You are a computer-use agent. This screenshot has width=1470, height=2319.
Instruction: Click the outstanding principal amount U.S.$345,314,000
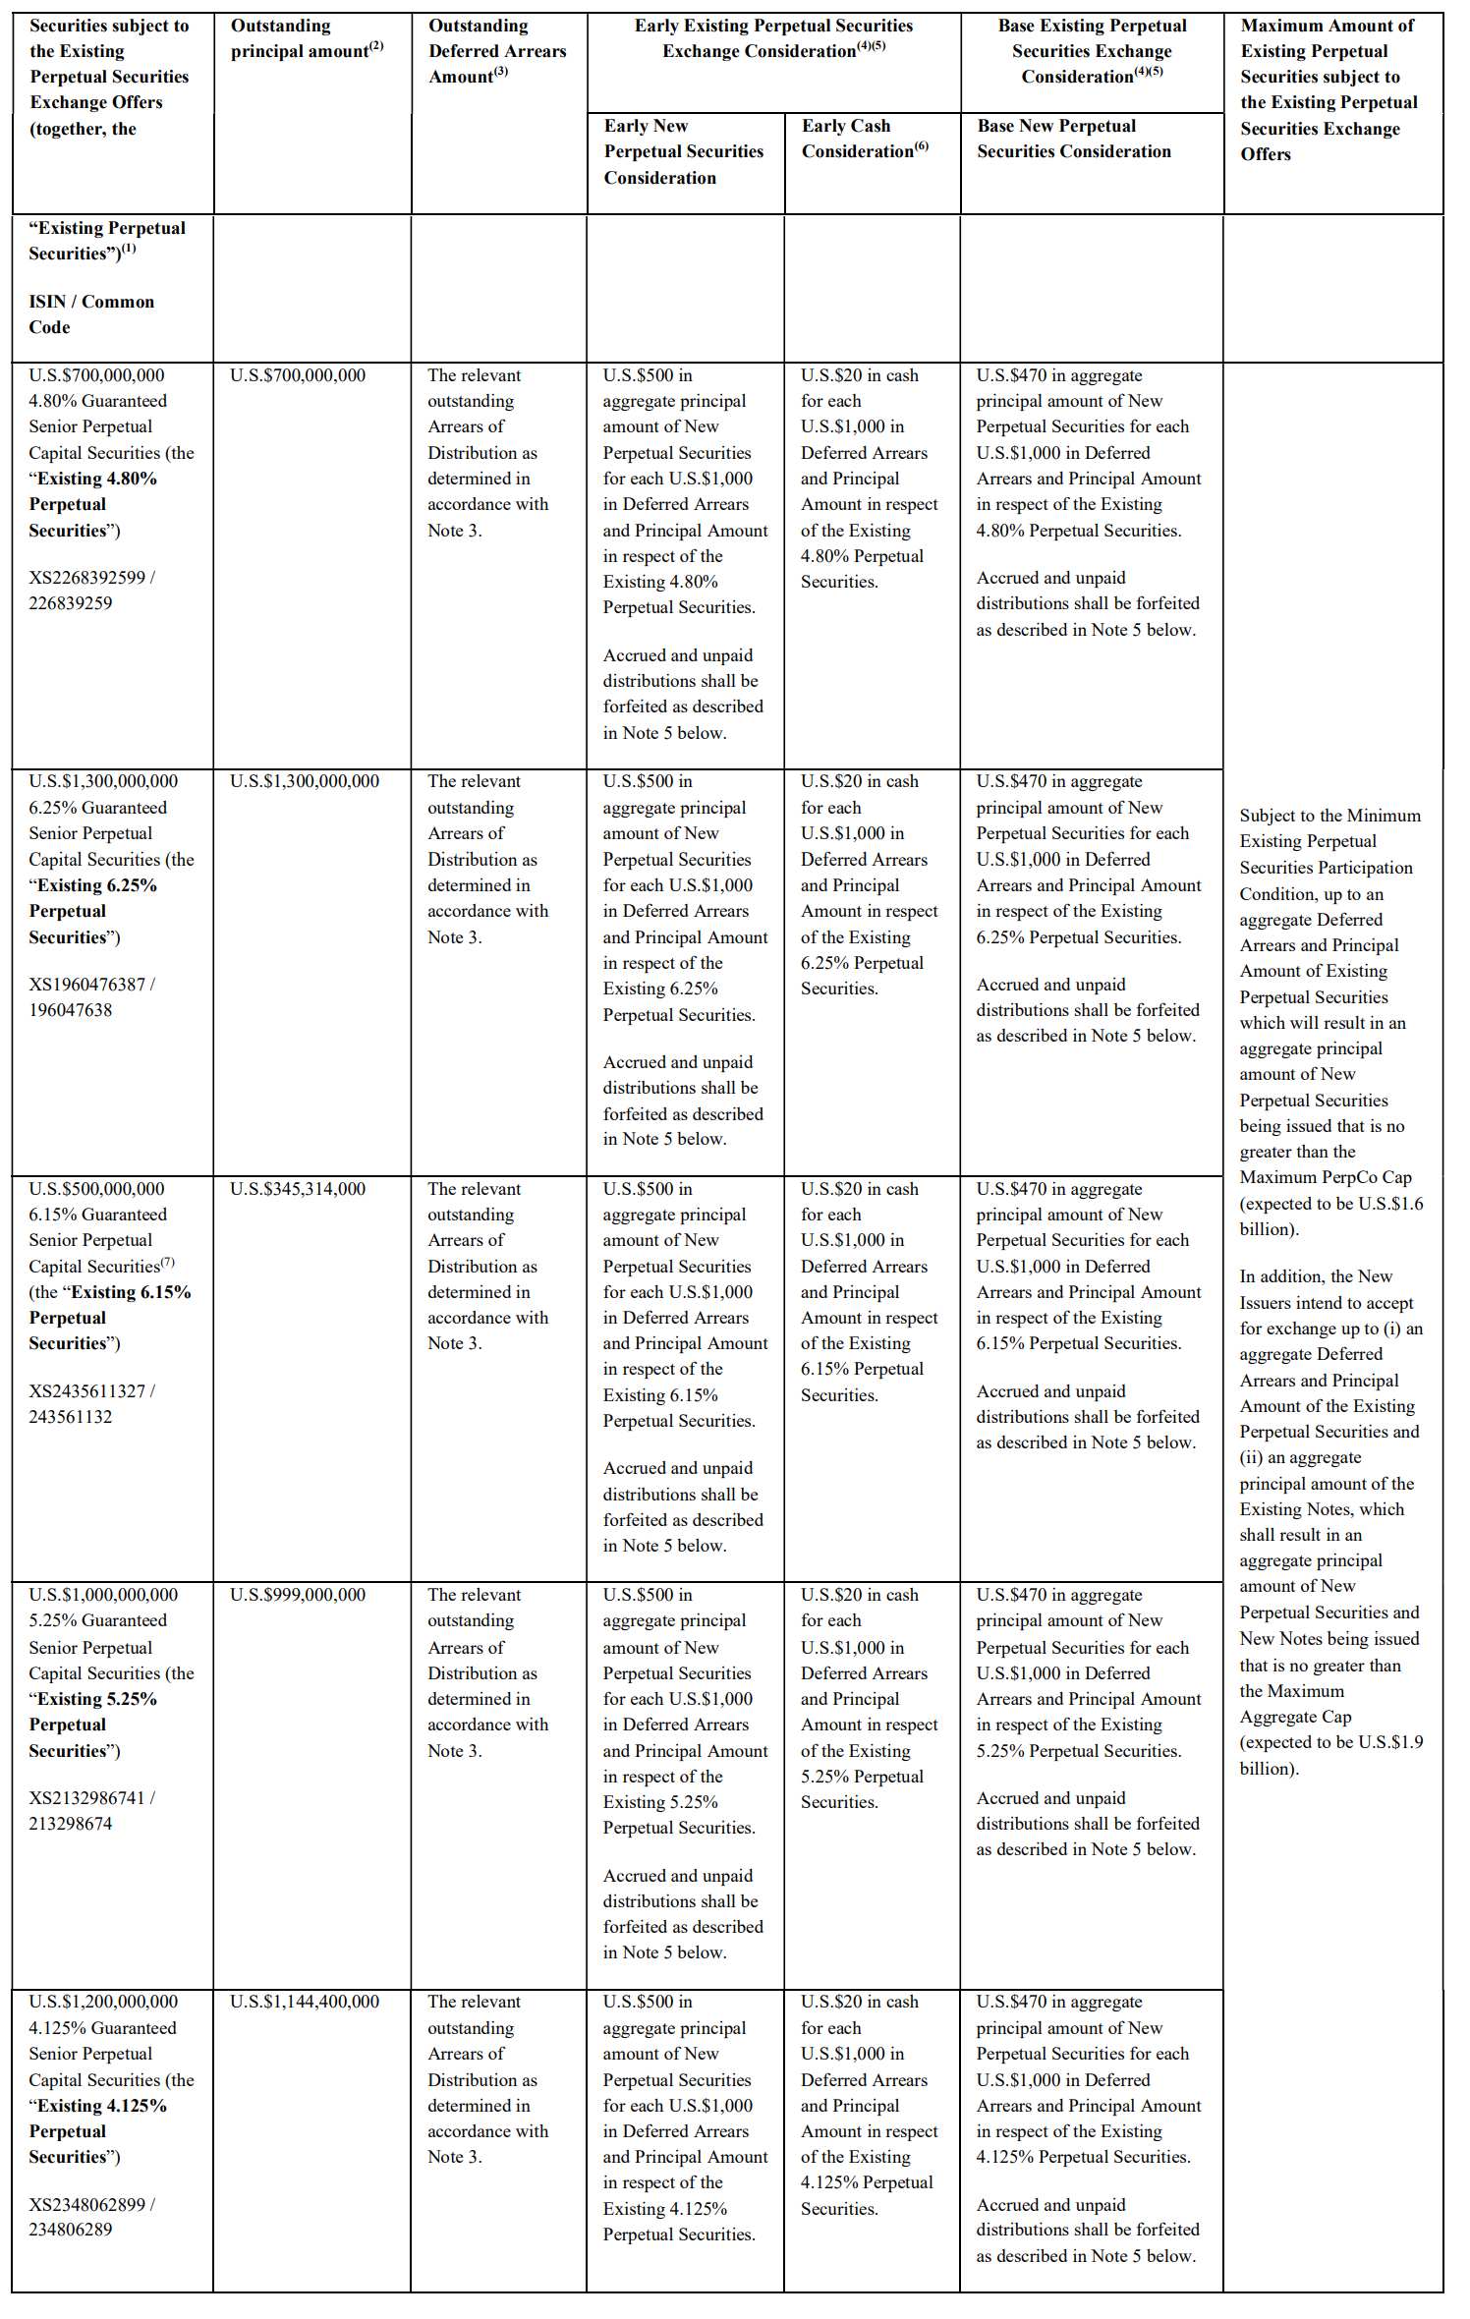pyautogui.click(x=297, y=1189)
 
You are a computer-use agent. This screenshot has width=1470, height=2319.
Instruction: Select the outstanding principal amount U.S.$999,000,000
pyautogui.click(x=297, y=1595)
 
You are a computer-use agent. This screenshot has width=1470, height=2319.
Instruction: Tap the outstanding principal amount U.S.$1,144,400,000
pyautogui.click(x=304, y=2002)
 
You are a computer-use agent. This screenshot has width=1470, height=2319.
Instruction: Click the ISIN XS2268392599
pyautogui.click(x=86, y=578)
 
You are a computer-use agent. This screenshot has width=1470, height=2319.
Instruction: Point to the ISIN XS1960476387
pyautogui.click(x=86, y=985)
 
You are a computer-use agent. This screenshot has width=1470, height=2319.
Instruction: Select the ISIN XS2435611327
pyautogui.click(x=86, y=1391)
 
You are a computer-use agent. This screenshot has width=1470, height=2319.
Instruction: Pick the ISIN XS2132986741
pyautogui.click(x=86, y=1798)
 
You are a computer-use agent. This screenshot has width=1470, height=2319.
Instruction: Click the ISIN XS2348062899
pyautogui.click(x=86, y=2205)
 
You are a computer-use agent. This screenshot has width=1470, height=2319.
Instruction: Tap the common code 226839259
pyautogui.click(x=71, y=603)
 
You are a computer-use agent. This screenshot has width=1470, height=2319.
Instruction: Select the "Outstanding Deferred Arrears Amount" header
pyautogui.click(x=496, y=51)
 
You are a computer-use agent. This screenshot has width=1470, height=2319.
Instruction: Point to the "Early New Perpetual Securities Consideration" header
pyautogui.click(x=683, y=151)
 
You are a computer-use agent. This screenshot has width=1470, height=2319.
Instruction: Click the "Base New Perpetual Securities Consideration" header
pyautogui.click(x=1073, y=139)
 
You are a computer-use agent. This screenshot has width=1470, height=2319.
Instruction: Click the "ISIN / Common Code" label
pyautogui.click(x=90, y=314)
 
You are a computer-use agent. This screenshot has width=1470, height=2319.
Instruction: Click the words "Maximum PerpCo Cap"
pyautogui.click(x=1325, y=1177)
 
